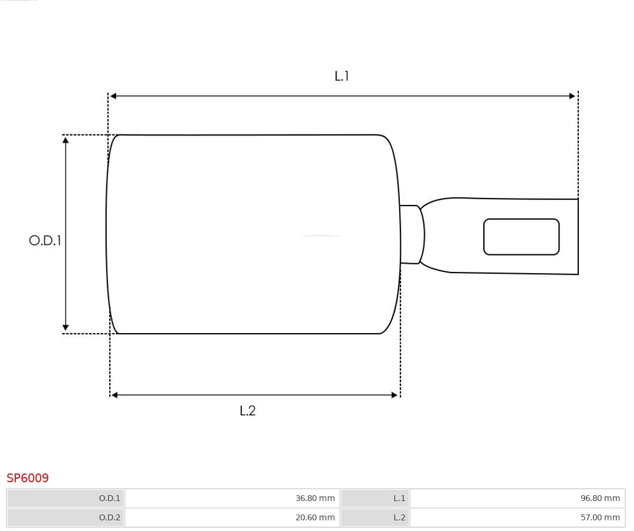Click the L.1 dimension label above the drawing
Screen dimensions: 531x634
click(x=342, y=76)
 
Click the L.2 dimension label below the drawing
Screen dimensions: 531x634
click(x=248, y=411)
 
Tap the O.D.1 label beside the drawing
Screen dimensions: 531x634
click(x=45, y=240)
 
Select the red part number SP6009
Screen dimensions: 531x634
click(x=28, y=478)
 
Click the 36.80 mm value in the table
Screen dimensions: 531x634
click(x=315, y=498)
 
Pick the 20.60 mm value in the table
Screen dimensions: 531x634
click(x=315, y=517)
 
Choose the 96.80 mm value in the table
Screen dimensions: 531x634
click(x=600, y=498)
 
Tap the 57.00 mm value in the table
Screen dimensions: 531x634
click(x=600, y=517)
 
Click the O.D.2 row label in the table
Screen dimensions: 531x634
click(x=109, y=517)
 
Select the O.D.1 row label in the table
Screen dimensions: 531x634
click(x=109, y=498)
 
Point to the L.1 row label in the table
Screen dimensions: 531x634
click(x=399, y=498)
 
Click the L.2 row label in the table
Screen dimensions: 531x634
click(x=399, y=517)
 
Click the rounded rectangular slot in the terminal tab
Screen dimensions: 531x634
click(x=521, y=237)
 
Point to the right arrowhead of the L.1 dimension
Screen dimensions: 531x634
click(x=572, y=96)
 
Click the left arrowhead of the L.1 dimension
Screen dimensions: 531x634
click(x=114, y=96)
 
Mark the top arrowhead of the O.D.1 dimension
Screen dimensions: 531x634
click(x=66, y=140)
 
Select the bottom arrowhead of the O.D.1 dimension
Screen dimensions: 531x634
click(x=66, y=327)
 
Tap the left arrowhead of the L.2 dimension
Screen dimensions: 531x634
click(x=114, y=395)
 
